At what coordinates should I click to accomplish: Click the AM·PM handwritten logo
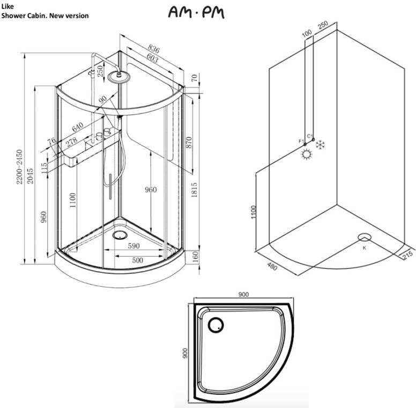196,13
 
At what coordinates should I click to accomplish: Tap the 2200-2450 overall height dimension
19,167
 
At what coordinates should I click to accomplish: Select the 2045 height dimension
30,176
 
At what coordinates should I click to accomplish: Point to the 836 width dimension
154,49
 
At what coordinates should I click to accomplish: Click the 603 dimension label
153,58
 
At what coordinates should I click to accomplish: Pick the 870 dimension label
189,143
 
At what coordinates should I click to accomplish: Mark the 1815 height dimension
195,190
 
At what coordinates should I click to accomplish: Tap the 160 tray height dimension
195,256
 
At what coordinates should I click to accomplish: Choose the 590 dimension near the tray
133,246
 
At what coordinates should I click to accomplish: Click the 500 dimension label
137,260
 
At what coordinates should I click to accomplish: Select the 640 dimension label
78,127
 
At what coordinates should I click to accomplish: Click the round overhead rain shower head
119,77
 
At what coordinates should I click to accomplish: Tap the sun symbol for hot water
307,154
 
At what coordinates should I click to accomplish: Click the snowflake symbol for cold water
321,144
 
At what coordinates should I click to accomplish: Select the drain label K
365,248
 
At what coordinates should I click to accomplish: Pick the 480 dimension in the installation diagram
272,266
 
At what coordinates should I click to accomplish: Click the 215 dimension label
407,254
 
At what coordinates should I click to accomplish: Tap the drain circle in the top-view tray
216,325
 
